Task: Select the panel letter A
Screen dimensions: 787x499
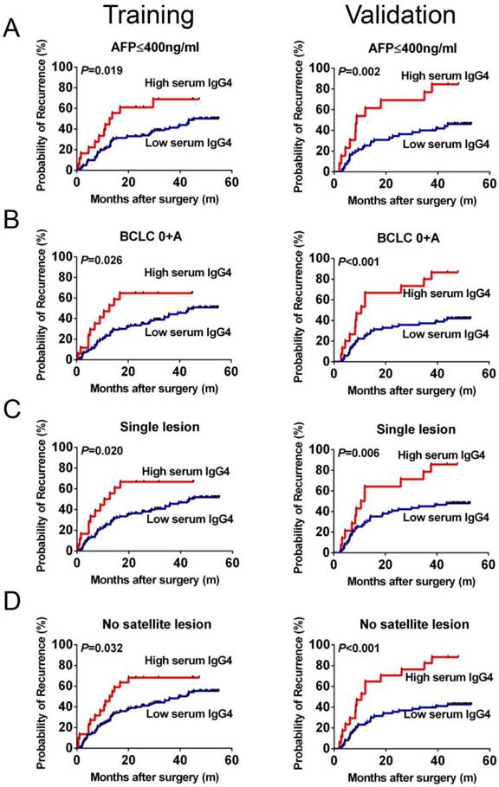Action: [x=11, y=31]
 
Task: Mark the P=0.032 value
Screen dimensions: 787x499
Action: [x=100, y=648]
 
